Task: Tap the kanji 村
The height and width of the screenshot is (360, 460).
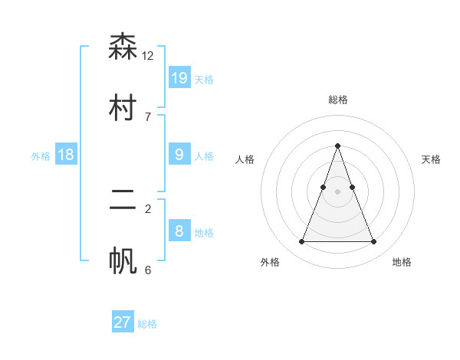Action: (x=123, y=108)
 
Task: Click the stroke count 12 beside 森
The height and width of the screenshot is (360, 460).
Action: (x=148, y=56)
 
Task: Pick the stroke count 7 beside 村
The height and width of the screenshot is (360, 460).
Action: (x=148, y=117)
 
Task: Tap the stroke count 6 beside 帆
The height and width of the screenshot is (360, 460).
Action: (x=148, y=270)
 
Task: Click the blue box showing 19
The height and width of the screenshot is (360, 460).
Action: (x=179, y=77)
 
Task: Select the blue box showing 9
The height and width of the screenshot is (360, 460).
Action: (x=179, y=155)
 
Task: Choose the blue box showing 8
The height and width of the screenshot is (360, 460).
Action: (x=179, y=231)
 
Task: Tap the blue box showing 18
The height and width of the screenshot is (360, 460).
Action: (x=66, y=155)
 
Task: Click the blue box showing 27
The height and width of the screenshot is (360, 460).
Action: (x=123, y=322)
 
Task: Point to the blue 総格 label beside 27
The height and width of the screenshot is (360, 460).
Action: (x=147, y=324)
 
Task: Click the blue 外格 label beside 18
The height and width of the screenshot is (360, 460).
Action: (x=41, y=156)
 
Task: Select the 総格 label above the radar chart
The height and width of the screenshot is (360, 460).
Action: (x=337, y=100)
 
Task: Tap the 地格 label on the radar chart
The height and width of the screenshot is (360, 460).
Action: (x=402, y=262)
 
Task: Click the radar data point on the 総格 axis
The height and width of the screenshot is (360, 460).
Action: (x=337, y=146)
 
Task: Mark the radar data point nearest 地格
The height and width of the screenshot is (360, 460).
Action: (x=373, y=242)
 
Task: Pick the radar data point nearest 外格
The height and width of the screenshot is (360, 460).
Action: (x=301, y=242)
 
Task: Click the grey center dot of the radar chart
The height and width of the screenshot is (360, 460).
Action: (x=337, y=191)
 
